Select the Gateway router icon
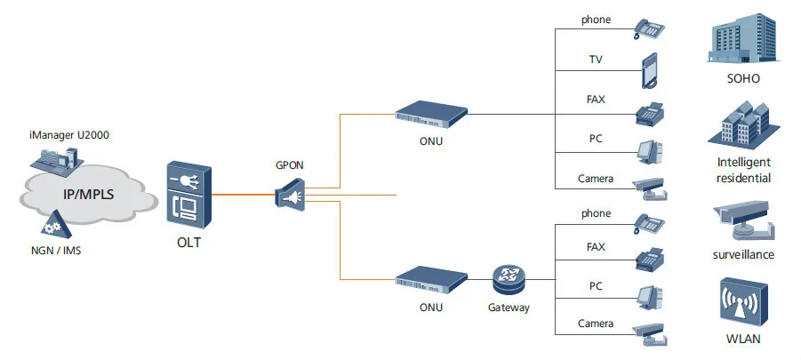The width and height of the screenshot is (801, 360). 509,279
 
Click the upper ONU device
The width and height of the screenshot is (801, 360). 431,114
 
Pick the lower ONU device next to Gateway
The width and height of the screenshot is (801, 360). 431,278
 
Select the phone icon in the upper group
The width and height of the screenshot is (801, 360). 650,29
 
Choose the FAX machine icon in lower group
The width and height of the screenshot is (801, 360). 650,257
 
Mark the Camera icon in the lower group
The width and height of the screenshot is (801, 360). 649,330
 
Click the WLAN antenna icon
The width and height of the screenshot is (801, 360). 743,303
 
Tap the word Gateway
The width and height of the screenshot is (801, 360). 509,308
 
